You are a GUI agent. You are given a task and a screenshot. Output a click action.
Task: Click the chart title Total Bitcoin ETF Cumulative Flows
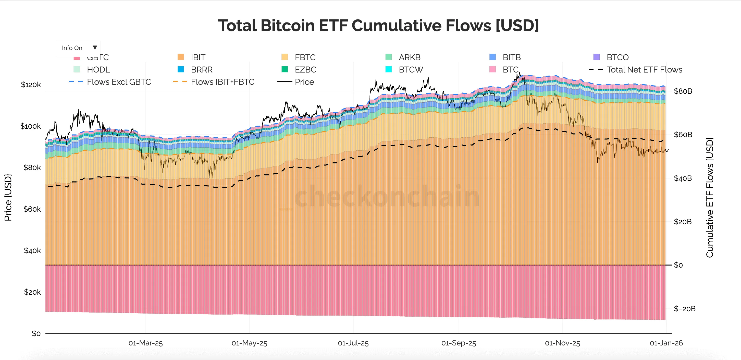(x=378, y=26)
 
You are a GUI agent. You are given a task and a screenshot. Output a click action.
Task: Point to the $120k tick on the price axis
(x=31, y=85)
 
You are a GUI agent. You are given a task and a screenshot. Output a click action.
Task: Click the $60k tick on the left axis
(x=32, y=209)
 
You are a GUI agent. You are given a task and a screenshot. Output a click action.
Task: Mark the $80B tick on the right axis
(x=683, y=91)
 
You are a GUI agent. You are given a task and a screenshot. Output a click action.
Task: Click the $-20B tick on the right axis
(x=684, y=309)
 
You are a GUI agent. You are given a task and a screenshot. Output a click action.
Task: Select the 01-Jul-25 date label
(x=353, y=343)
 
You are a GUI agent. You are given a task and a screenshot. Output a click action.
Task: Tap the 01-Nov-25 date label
(x=562, y=343)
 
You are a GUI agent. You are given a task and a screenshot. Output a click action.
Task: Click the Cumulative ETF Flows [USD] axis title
(x=710, y=197)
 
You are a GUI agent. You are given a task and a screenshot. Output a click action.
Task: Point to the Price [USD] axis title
(x=8, y=197)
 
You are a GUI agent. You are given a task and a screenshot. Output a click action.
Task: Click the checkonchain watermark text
(x=387, y=197)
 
